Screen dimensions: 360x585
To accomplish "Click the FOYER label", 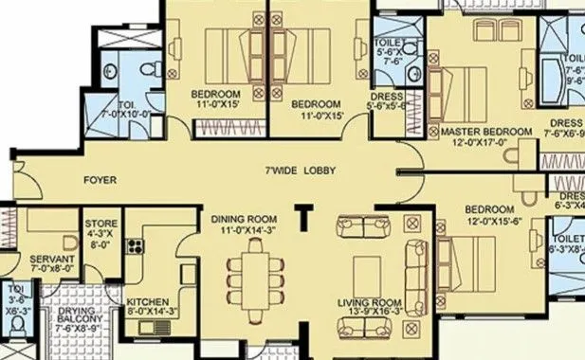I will [x=93, y=178].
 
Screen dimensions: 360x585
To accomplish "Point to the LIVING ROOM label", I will [x=365, y=303].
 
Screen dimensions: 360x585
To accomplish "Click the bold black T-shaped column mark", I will [x=305, y=218].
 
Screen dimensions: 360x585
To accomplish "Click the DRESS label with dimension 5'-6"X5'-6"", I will [x=389, y=106].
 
